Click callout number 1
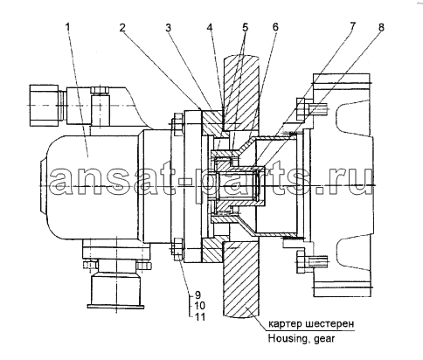pyautogui.click(x=68, y=27)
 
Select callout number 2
pyautogui.click(x=122, y=27)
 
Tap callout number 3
pyautogui.click(x=168, y=28)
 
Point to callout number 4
pyautogui.click(x=210, y=27)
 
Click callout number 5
pyautogui.click(x=245, y=27)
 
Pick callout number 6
pyautogui.click(x=275, y=27)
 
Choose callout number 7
pyautogui.click(x=352, y=26)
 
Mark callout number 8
pyautogui.click(x=381, y=27)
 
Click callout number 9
pyautogui.click(x=198, y=294)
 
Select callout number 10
pyautogui.click(x=198, y=306)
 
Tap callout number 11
pyautogui.click(x=198, y=316)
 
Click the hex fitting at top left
pyautogui.click(x=44, y=105)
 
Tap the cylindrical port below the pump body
pyautogui.click(x=115, y=290)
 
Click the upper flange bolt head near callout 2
pyautogui.click(x=178, y=125)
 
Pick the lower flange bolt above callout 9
pyautogui.click(x=178, y=249)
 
